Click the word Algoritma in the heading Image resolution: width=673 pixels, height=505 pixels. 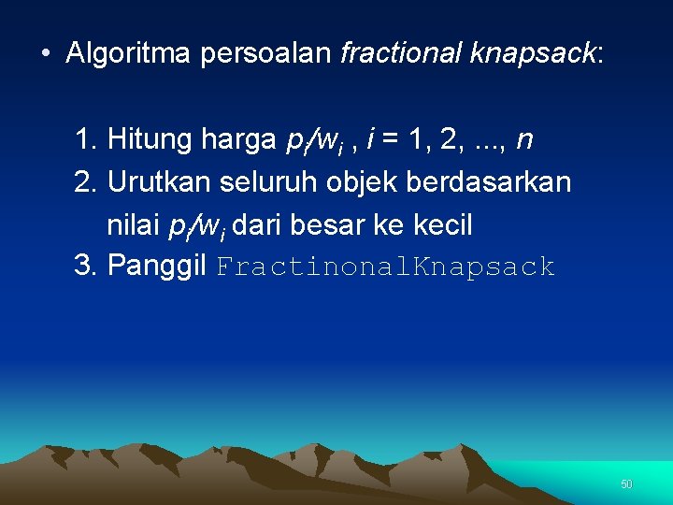tap(129, 53)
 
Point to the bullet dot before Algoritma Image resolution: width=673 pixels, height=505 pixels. tap(45, 53)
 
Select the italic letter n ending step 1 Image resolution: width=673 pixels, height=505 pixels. tap(524, 141)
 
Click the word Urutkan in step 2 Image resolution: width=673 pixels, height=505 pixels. tap(157, 182)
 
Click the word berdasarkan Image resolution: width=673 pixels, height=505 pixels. tap(489, 182)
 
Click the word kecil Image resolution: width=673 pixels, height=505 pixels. tap(440, 224)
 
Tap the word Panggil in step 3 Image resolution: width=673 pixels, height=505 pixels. tap(158, 267)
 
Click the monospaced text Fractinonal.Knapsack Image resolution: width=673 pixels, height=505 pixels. tap(386, 267)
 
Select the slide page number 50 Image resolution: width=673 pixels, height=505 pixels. tap(626, 484)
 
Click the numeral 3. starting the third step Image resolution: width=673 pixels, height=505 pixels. tap(86, 267)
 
